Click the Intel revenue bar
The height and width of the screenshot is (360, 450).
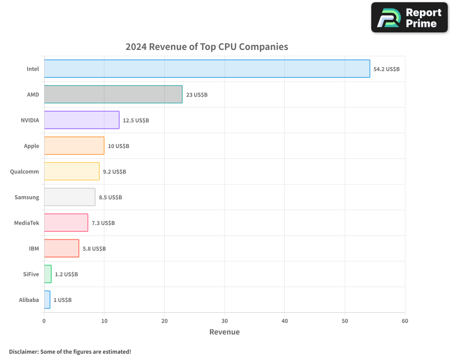click(207, 69)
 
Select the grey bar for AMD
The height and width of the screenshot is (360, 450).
click(113, 94)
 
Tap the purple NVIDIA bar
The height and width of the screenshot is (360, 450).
click(81, 120)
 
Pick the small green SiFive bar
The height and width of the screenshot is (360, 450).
click(48, 274)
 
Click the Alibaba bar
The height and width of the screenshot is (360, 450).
click(47, 300)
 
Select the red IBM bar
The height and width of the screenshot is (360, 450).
click(62, 248)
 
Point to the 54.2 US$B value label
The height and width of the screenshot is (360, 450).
click(387, 69)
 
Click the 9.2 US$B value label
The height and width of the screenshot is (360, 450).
click(114, 172)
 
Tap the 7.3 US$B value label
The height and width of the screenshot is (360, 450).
click(103, 223)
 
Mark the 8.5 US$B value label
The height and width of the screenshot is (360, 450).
click(110, 198)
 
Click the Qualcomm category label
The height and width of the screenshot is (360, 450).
click(24, 172)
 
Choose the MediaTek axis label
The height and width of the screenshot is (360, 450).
click(27, 223)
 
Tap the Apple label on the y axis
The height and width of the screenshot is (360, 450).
click(31, 146)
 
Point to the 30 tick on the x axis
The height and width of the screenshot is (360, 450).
click(225, 321)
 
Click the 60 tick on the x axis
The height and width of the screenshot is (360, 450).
click(405, 321)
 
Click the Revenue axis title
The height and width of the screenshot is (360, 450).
click(225, 332)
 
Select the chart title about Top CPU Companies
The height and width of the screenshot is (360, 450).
click(207, 47)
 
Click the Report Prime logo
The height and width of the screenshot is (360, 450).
click(409, 18)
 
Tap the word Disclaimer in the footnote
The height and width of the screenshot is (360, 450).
click(23, 352)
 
